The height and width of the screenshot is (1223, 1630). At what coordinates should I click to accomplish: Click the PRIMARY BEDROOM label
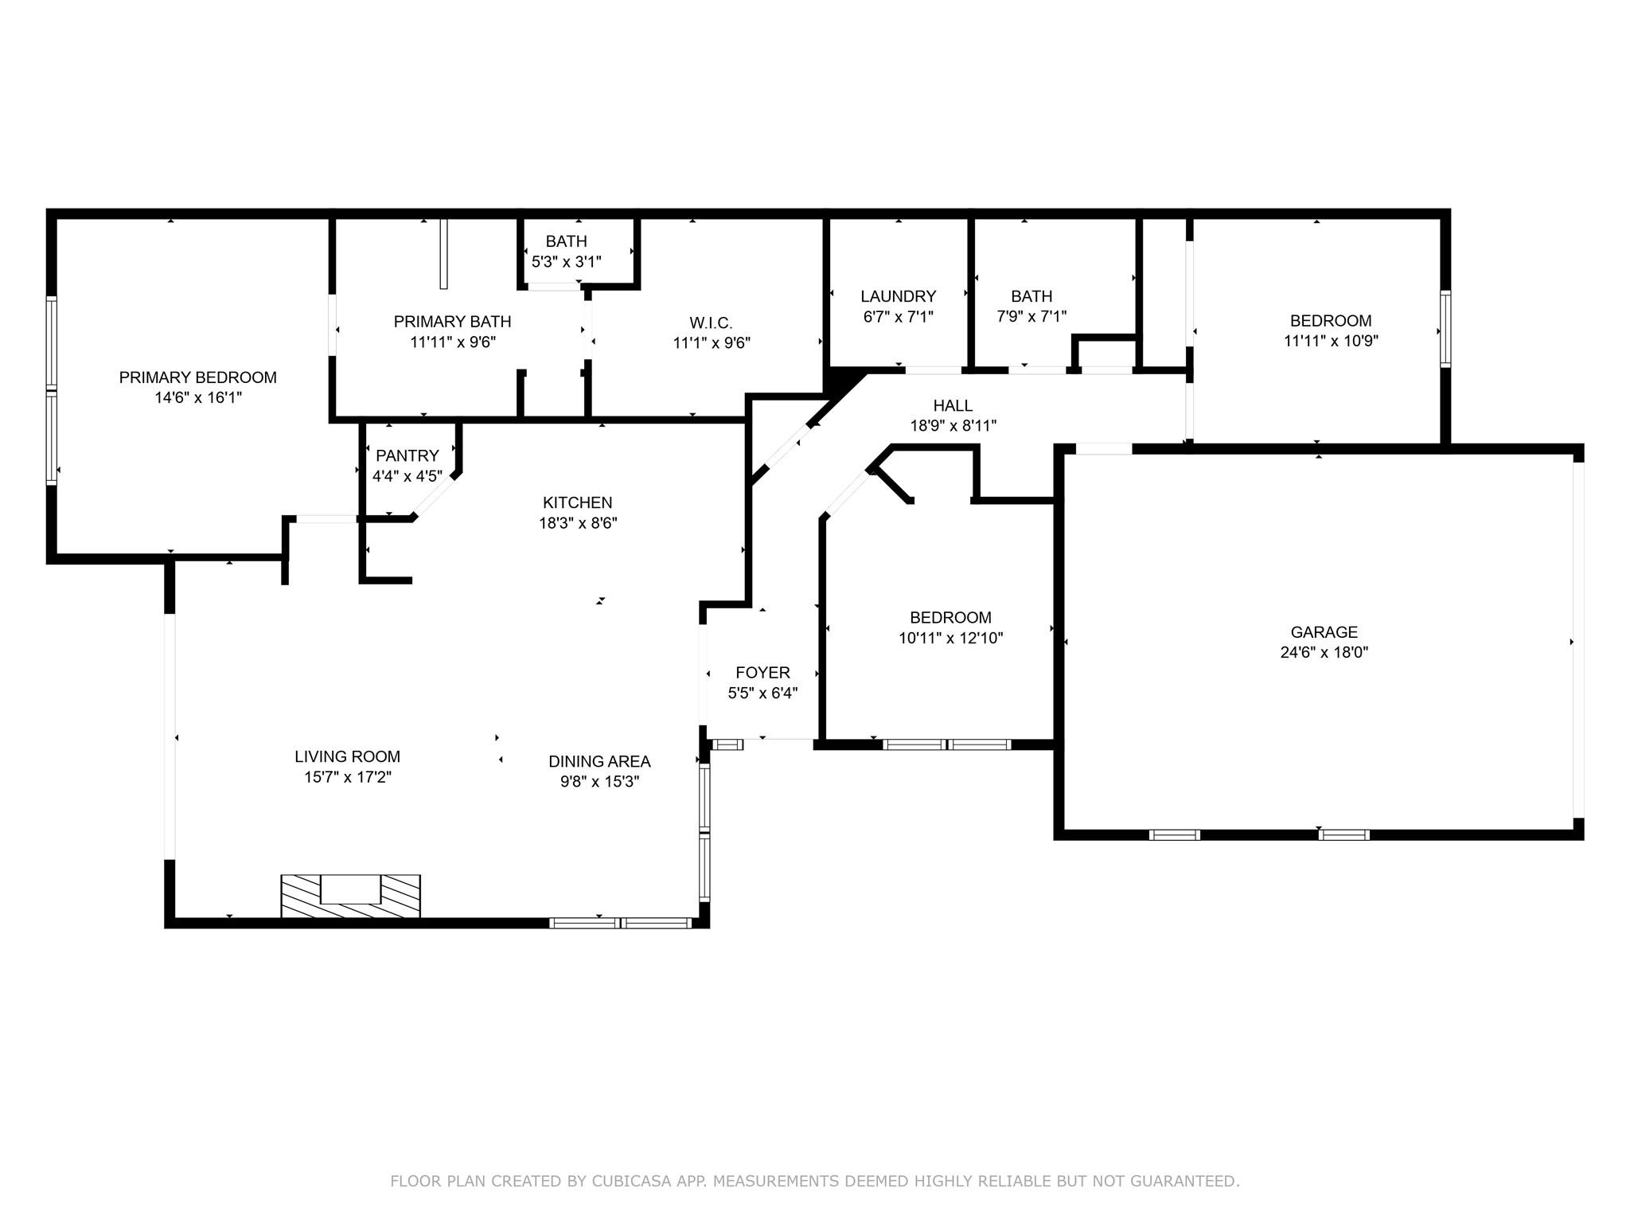pyautogui.click(x=197, y=377)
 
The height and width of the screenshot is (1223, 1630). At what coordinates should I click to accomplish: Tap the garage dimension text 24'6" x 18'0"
pyautogui.click(x=1324, y=653)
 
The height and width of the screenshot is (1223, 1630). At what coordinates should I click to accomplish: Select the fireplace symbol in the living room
pyautogui.click(x=350, y=896)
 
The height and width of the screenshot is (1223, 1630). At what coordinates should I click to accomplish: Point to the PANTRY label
pyautogui.click(x=407, y=455)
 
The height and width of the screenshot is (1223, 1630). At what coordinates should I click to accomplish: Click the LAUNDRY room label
pyautogui.click(x=898, y=296)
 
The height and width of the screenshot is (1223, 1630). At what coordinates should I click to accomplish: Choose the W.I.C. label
pyautogui.click(x=711, y=322)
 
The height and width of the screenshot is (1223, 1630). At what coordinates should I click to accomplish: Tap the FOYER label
pyautogui.click(x=762, y=673)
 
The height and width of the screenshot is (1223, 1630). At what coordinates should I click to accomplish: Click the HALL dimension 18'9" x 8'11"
pyautogui.click(x=953, y=426)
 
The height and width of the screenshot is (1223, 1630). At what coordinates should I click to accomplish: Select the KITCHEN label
pyautogui.click(x=577, y=502)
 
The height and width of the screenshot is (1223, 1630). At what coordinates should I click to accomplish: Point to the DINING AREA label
pyautogui.click(x=599, y=761)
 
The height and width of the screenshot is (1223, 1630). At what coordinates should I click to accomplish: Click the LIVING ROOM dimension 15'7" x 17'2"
pyautogui.click(x=348, y=777)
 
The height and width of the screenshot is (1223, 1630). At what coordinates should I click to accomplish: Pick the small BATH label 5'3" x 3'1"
pyautogui.click(x=566, y=241)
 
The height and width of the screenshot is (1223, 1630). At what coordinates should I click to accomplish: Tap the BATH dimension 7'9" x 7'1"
pyautogui.click(x=1031, y=316)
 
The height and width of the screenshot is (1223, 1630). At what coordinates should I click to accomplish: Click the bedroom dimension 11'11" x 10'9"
pyautogui.click(x=1331, y=341)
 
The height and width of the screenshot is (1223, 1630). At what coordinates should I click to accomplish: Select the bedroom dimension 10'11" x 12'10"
pyautogui.click(x=950, y=638)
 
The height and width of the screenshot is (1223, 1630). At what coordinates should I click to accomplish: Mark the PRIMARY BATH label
pyautogui.click(x=452, y=322)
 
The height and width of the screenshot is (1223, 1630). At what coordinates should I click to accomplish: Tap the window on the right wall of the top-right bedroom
pyautogui.click(x=1445, y=328)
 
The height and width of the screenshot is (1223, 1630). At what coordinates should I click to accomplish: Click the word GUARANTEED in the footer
pyautogui.click(x=1179, y=1181)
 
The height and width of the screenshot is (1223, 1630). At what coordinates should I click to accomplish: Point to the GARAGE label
pyautogui.click(x=1324, y=632)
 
